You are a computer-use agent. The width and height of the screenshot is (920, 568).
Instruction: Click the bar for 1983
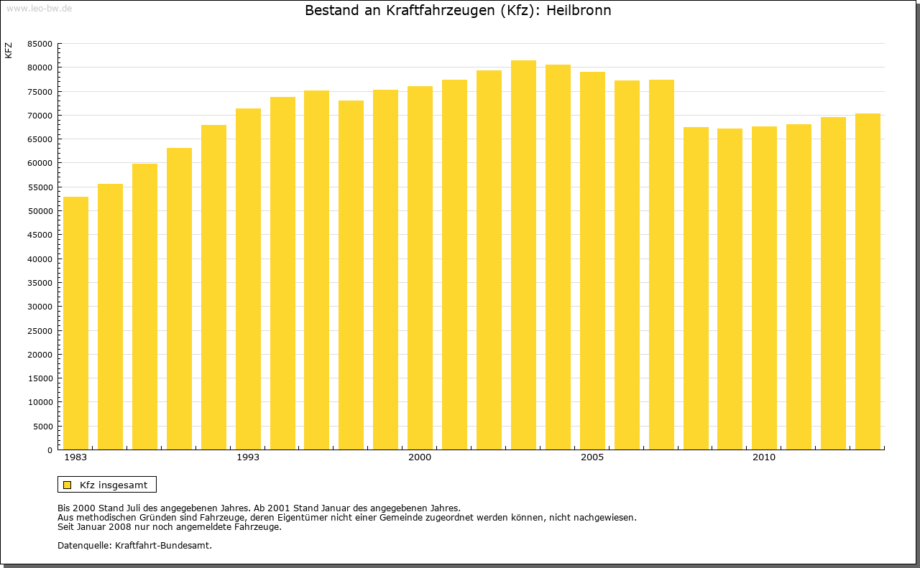[x=75, y=323]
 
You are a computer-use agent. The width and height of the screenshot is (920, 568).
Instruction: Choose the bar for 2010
[x=764, y=288]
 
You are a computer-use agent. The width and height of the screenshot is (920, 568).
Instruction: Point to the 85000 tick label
[x=39, y=44]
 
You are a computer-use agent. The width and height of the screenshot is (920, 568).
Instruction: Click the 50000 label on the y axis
[x=39, y=211]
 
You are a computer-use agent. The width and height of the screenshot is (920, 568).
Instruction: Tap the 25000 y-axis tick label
[x=39, y=330]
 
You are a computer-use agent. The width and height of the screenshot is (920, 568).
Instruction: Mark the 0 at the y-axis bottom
[x=50, y=450]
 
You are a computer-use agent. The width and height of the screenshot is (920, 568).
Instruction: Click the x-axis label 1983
[x=75, y=457]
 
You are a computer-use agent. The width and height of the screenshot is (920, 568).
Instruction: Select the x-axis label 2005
[x=592, y=457]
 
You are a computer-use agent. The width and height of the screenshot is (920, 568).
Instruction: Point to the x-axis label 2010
[x=764, y=457]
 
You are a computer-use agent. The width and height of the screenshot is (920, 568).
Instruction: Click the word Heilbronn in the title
[x=579, y=11]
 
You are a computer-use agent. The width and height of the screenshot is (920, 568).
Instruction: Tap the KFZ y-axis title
[x=9, y=50]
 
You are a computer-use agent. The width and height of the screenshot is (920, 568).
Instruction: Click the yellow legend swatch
[x=68, y=485]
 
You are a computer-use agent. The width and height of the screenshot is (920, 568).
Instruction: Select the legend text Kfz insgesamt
[x=114, y=485]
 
